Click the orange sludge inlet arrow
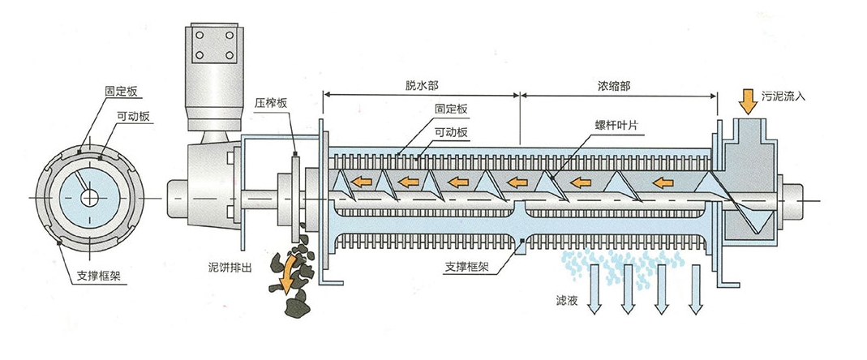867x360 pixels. coord(747,101)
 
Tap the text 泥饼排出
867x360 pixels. coord(231,267)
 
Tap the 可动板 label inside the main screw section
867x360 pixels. coord(450,131)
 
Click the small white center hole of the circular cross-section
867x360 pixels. coord(91,196)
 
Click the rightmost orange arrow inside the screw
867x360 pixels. coord(665,181)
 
